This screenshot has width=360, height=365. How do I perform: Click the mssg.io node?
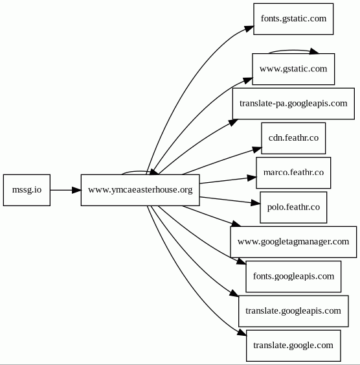pyautogui.click(x=27, y=190)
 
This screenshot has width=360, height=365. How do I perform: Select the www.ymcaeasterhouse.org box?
pyautogui.click(x=140, y=190)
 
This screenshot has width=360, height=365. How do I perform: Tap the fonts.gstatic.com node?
pyautogui.click(x=293, y=19)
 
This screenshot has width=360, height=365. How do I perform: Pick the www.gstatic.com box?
pyautogui.click(x=293, y=69)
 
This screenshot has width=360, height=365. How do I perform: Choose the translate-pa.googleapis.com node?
pyautogui.click(x=293, y=104)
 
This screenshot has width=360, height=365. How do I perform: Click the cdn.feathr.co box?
pyautogui.click(x=293, y=138)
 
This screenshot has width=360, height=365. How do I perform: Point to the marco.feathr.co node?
pyautogui.click(x=293, y=172)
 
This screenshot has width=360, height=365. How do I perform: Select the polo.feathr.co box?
pyautogui.click(x=293, y=207)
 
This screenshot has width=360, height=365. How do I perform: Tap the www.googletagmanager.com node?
pyautogui.click(x=293, y=242)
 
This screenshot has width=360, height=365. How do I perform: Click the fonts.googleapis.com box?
pyautogui.click(x=293, y=277)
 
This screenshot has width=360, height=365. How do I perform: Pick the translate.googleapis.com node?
pyautogui.click(x=293, y=311)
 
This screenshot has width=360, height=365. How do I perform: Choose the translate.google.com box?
pyautogui.click(x=293, y=346)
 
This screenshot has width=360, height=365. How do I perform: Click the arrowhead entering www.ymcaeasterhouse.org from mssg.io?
pyautogui.click(x=76, y=190)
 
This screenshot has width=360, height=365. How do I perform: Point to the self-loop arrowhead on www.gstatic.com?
pyautogui.click(x=314, y=51)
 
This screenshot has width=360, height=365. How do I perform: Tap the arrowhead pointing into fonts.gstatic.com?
pyautogui.click(x=249, y=29)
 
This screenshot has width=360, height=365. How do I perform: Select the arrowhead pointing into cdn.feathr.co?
pyautogui.click(x=257, y=149)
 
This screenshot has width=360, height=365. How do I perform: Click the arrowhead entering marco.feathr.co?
pyautogui.click(x=252, y=178)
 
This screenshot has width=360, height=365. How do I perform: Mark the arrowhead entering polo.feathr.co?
pyautogui.click(x=256, y=203)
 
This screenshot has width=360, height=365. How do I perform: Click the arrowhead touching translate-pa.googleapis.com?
pyautogui.click(x=233, y=123)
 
